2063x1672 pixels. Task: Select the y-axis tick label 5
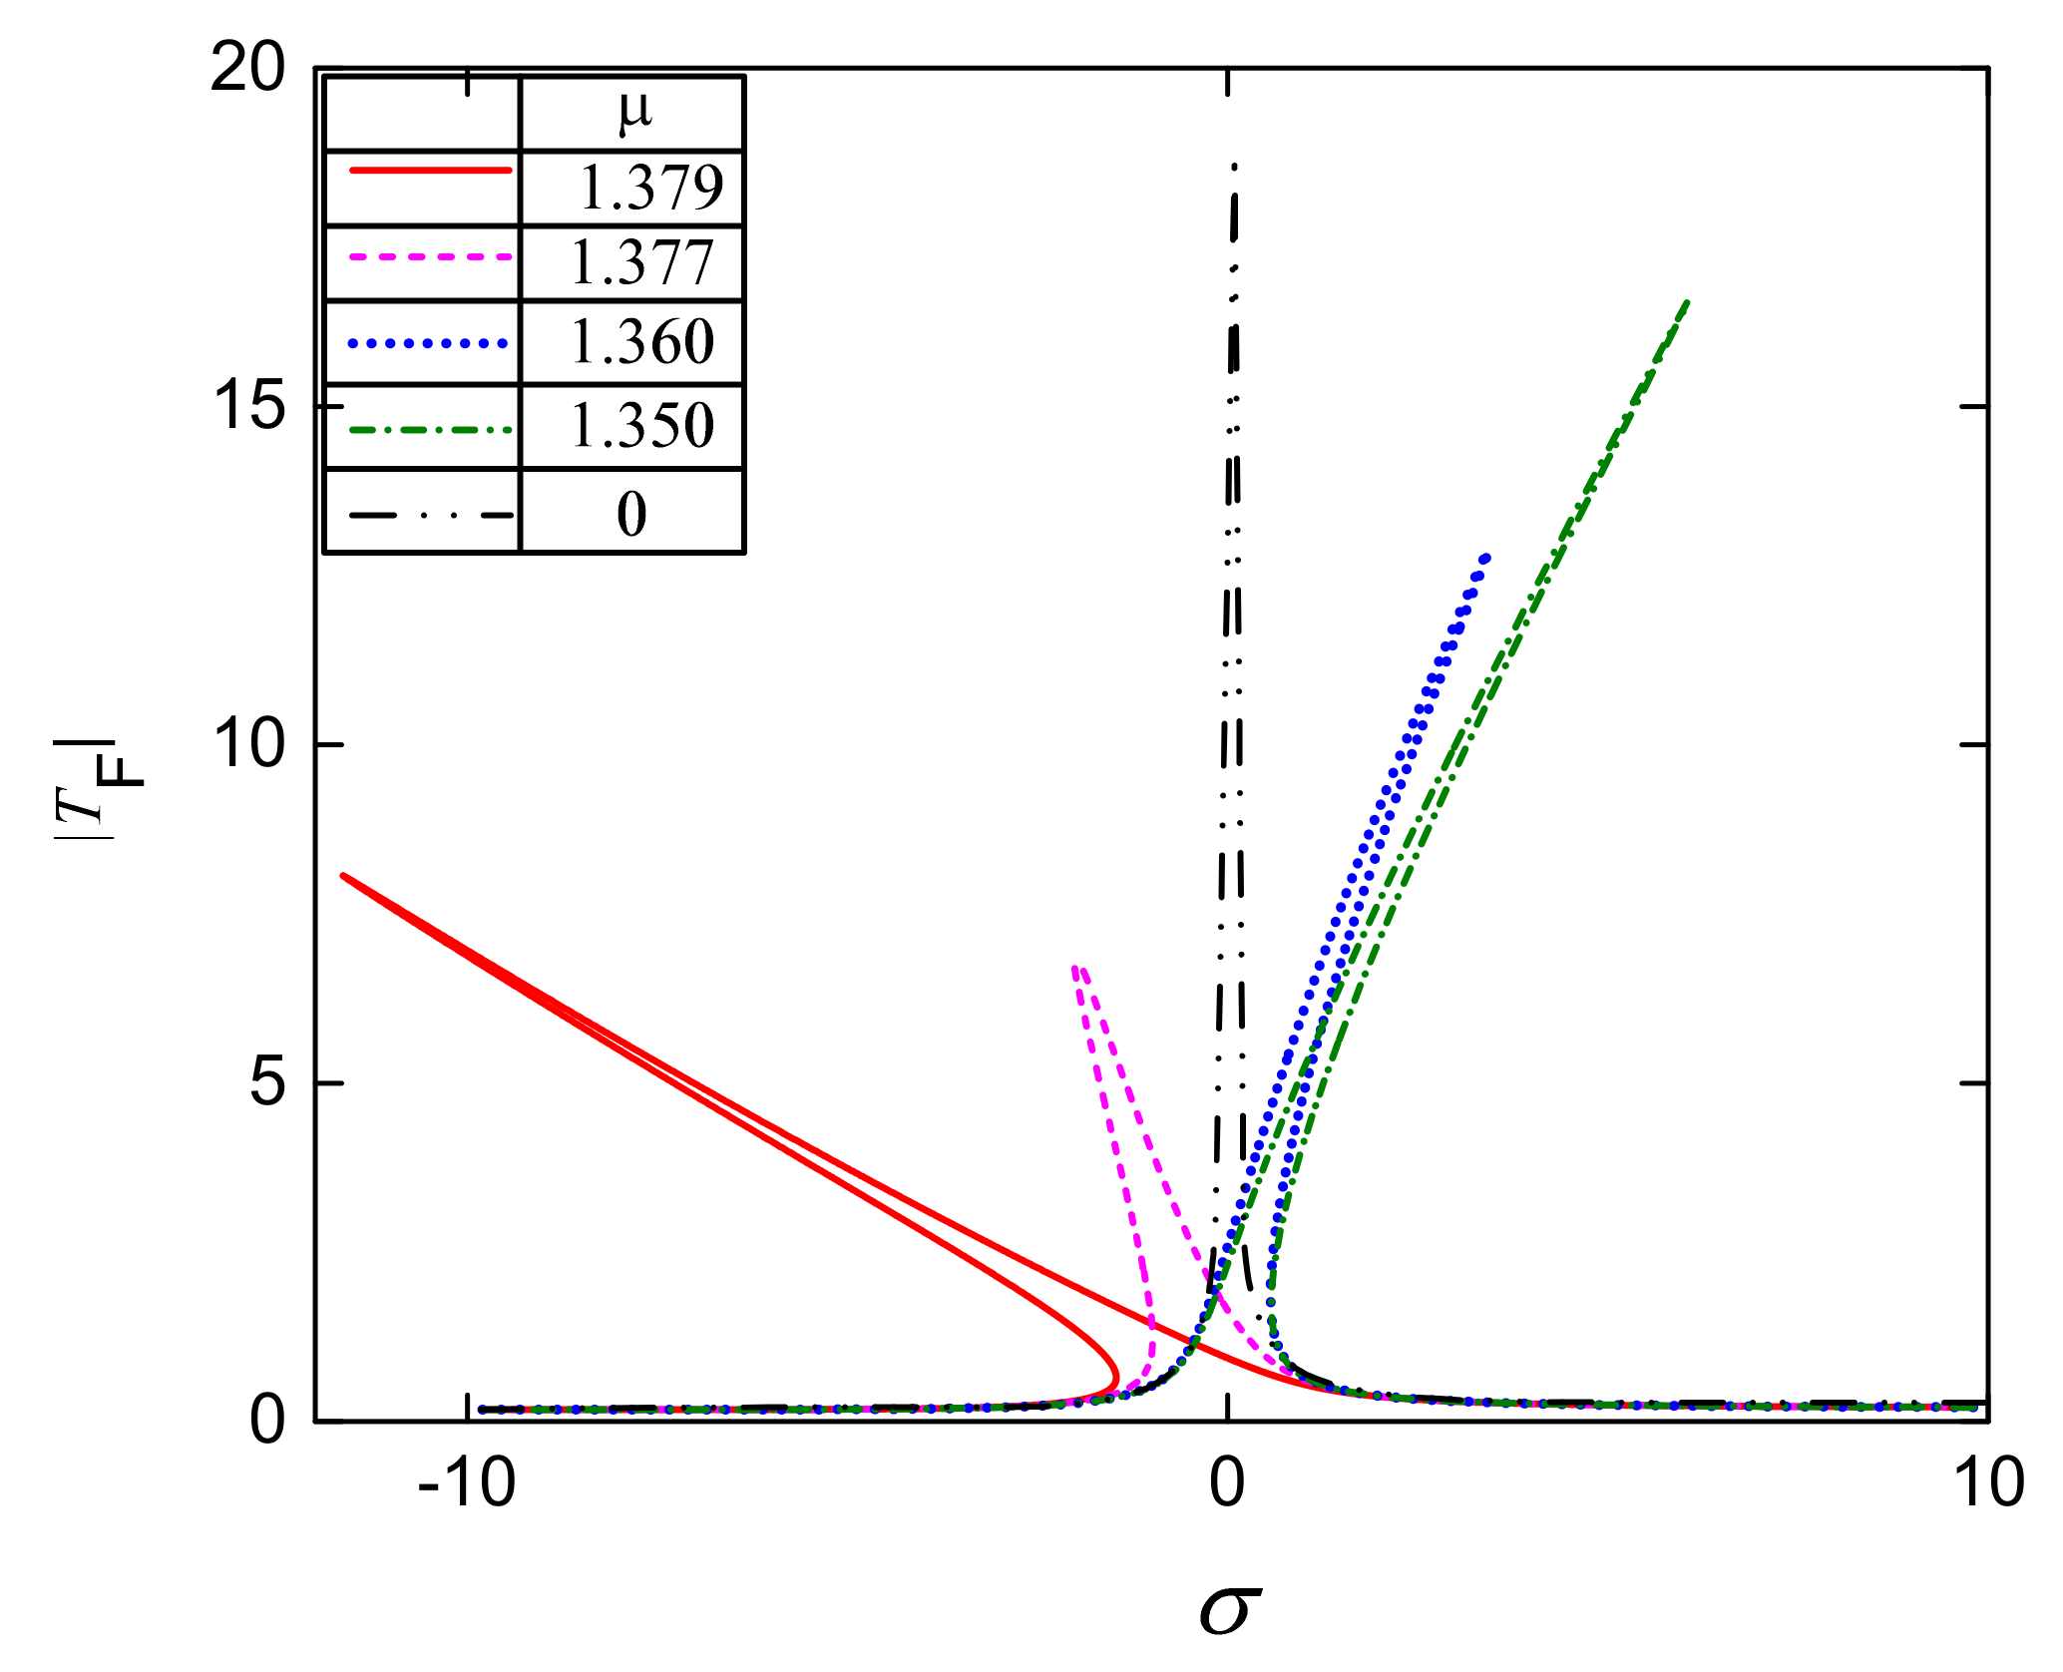tap(267, 1082)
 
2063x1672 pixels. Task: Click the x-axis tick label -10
tap(467, 1482)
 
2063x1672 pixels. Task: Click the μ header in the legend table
tap(634, 112)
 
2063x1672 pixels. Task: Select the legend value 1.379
tap(650, 188)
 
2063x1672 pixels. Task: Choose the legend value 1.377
tap(642, 263)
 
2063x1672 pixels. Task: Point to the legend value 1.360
tap(642, 342)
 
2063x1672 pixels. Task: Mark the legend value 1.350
tap(642, 426)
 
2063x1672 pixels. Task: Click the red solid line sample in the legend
tap(431, 171)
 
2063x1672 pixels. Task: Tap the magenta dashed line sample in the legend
tap(431, 257)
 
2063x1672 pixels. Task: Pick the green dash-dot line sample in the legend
tap(431, 430)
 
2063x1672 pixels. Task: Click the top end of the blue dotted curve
tap(1486, 557)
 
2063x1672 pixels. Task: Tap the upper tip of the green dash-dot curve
tap(1687, 301)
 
